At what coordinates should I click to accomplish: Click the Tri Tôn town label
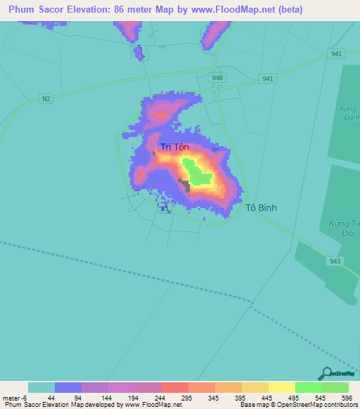pyautogui.click(x=175, y=147)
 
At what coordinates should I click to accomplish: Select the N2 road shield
pyautogui.click(x=46, y=98)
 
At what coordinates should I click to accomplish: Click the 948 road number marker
pyautogui.click(x=217, y=77)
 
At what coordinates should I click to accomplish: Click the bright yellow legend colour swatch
pyautogui.click(x=281, y=387)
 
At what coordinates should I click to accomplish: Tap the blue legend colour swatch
pyautogui.click(x=68, y=387)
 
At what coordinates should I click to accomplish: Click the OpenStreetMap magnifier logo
pyautogui.click(x=326, y=373)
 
